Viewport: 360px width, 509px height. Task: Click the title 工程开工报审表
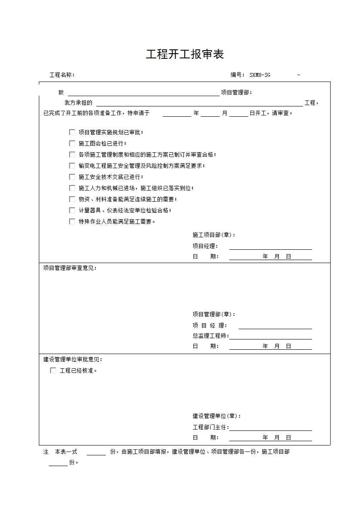[x=185, y=55]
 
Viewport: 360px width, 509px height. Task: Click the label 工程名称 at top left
[x=61, y=75]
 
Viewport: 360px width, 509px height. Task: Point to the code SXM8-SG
[x=260, y=75]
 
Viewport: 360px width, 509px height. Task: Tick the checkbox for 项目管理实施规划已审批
[x=72, y=132]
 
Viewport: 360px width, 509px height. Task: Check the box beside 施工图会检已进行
[x=72, y=143]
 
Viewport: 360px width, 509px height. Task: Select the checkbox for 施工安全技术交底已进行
[x=72, y=177]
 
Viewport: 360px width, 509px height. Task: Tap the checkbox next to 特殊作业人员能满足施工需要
[x=72, y=221]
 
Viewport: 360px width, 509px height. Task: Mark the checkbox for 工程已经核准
[x=53, y=370]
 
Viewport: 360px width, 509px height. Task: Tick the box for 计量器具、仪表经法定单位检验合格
[x=72, y=210]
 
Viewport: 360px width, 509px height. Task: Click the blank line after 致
[x=143, y=93]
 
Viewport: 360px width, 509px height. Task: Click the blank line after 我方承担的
[x=199, y=103]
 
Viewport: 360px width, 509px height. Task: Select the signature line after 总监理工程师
[x=271, y=336]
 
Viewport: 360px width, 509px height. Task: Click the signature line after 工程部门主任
[x=271, y=428]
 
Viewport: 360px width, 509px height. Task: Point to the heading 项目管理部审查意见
[x=70, y=268]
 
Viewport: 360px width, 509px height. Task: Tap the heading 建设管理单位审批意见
[x=73, y=360]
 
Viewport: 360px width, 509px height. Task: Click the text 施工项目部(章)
[x=214, y=235]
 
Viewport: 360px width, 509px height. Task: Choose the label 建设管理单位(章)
[x=217, y=416]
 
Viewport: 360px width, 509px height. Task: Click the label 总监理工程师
[x=210, y=336]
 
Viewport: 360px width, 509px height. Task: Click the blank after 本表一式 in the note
[x=96, y=452]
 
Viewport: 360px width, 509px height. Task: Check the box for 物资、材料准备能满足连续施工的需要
[x=72, y=199]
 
